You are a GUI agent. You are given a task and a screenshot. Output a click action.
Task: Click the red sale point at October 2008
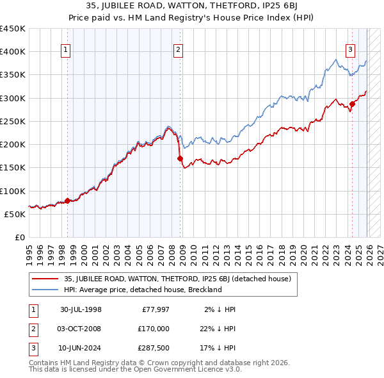tap(180, 158)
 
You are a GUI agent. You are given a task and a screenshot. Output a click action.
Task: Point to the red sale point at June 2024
tap(352, 104)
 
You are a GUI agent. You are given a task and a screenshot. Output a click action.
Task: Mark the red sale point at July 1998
tap(67, 201)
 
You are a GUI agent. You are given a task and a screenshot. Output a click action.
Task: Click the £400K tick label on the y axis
tap(13, 52)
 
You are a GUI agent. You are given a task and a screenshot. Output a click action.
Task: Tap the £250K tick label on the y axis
tap(13, 121)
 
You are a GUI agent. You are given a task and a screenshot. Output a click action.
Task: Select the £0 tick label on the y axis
tap(19, 237)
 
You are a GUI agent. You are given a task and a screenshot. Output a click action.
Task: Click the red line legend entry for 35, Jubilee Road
tap(177, 279)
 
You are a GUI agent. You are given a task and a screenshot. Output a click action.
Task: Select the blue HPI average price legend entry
tap(142, 290)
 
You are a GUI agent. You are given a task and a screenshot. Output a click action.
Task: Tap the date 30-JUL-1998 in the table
tap(81, 309)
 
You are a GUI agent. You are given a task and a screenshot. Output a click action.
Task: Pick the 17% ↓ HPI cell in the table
tap(220, 349)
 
